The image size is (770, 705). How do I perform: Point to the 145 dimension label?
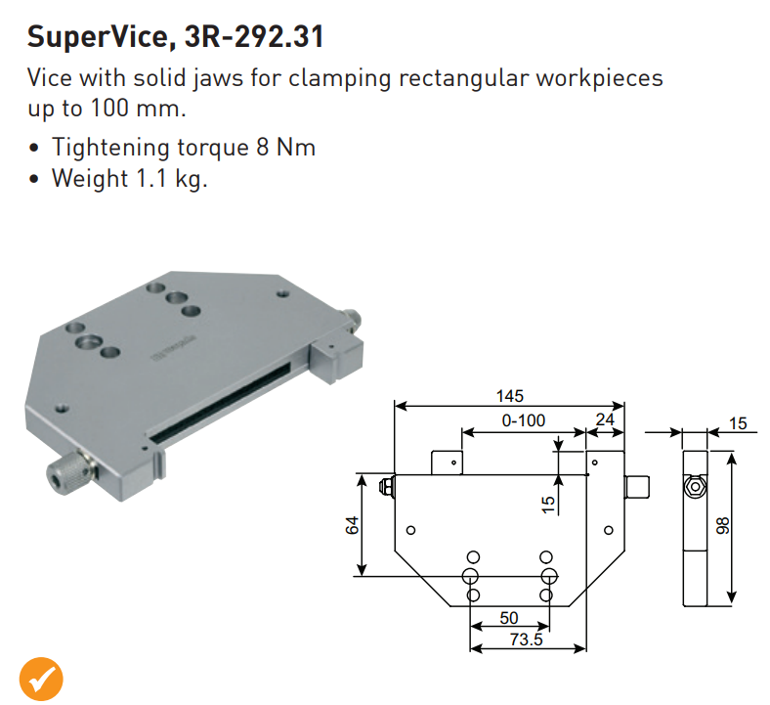point(509,396)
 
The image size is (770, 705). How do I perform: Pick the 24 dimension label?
point(605,420)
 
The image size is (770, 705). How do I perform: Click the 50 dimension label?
point(508,619)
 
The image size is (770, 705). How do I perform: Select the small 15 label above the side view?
point(737,423)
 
